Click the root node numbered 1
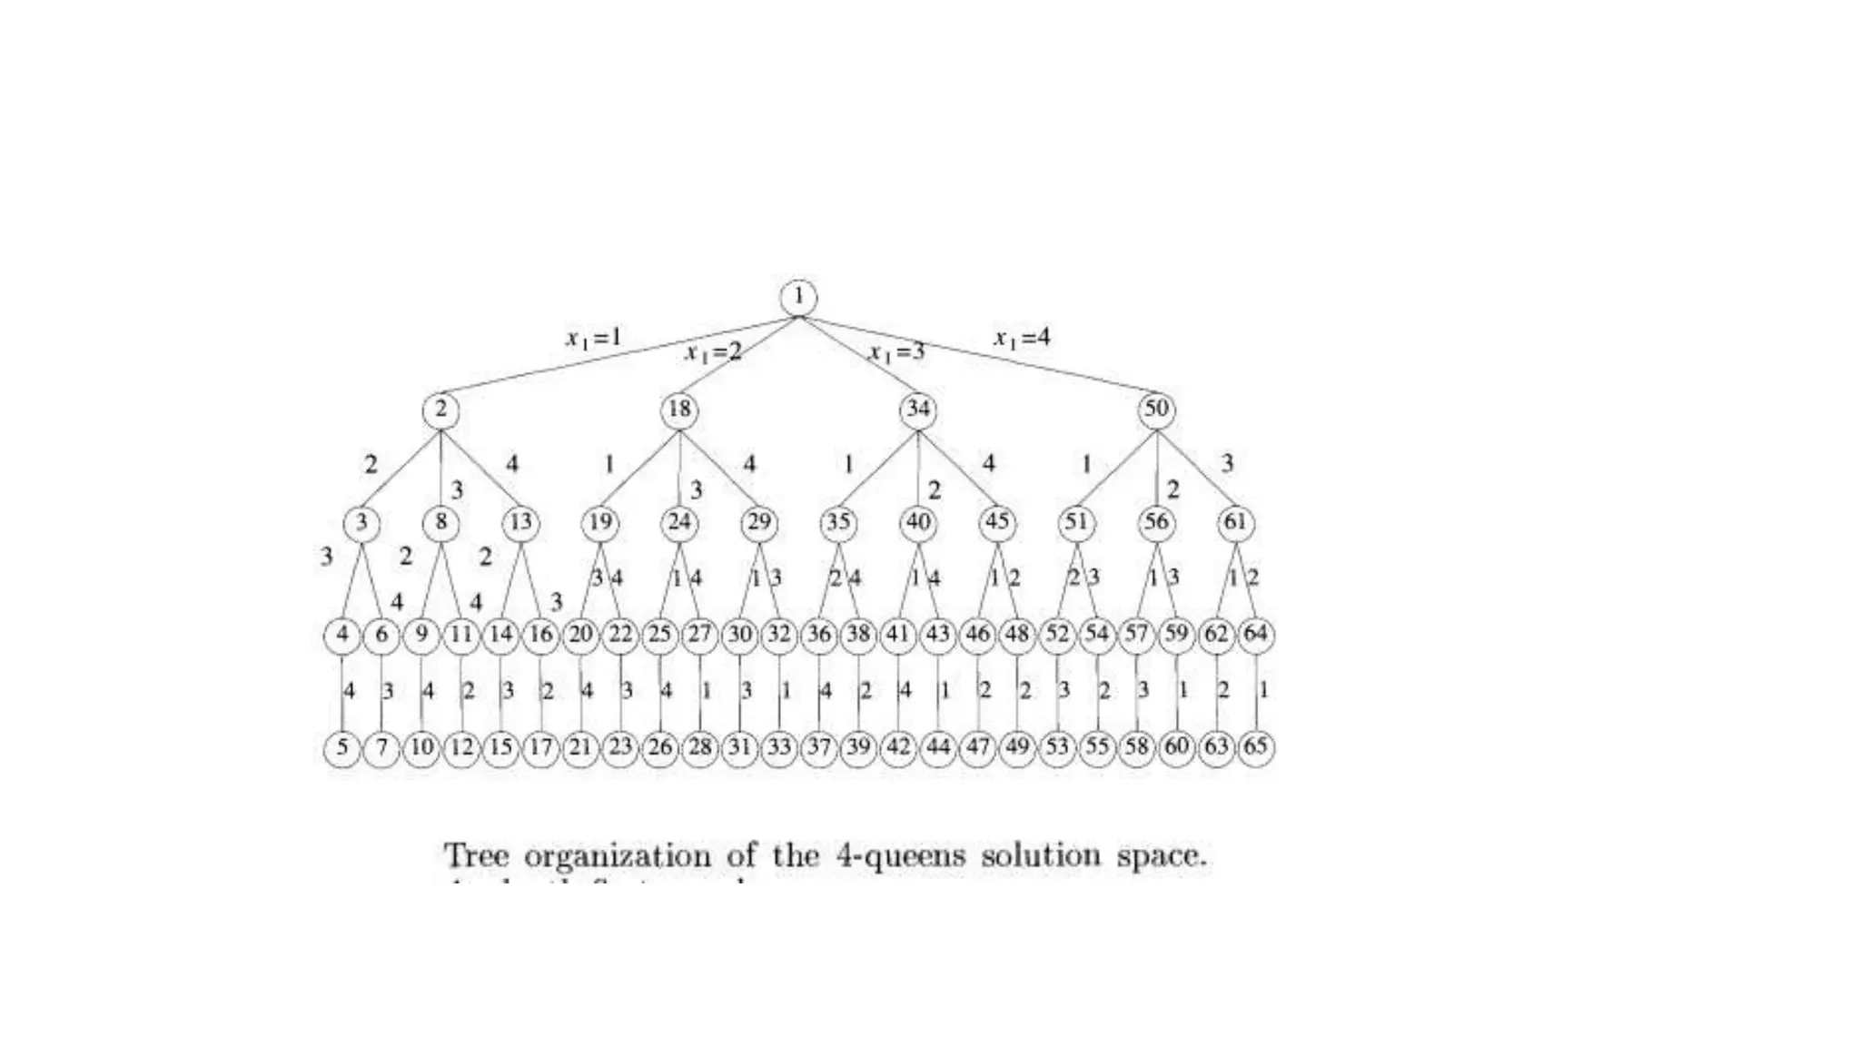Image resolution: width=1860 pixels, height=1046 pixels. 798,297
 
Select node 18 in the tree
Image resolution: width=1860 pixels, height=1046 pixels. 679,410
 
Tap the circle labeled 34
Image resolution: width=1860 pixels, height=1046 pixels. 917,410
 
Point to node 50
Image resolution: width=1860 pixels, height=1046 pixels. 1156,410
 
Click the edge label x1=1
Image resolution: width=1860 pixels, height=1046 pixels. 594,339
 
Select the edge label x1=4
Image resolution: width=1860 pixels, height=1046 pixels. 1022,339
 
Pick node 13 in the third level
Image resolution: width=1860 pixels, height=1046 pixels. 520,523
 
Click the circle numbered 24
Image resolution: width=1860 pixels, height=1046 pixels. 679,523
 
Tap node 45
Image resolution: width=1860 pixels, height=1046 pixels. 997,523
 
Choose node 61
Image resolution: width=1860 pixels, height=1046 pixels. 1235,523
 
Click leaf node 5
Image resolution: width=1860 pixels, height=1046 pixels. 342,748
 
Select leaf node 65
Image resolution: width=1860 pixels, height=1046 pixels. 1255,748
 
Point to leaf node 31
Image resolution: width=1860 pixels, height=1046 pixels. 739,748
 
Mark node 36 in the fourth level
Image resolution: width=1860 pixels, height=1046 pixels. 819,635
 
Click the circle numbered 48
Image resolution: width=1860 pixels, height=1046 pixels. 1017,635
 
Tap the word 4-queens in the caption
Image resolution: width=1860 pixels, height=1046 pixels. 900,856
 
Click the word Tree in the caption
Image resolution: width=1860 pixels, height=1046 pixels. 476,856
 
